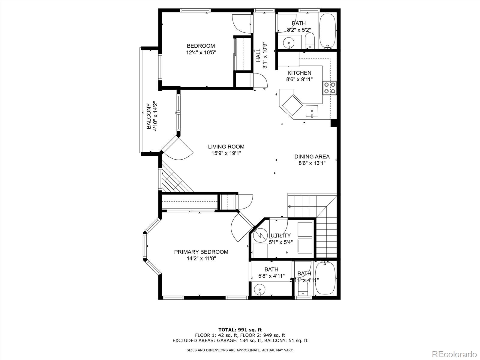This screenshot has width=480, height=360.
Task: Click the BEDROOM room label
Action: click(x=201, y=46)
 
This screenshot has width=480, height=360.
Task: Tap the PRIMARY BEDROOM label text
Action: click(x=201, y=252)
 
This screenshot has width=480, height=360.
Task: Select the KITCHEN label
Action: click(x=299, y=73)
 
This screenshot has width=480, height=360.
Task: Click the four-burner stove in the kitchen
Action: click(x=329, y=88)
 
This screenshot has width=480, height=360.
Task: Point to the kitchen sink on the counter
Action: click(x=312, y=111)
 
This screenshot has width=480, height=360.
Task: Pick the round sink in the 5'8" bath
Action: click(x=259, y=289)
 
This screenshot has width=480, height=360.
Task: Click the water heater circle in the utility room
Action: click(x=260, y=235)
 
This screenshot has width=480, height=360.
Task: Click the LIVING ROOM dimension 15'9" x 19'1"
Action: click(x=226, y=153)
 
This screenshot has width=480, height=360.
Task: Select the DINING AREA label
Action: click(x=312, y=157)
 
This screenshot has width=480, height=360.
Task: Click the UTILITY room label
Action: click(x=280, y=235)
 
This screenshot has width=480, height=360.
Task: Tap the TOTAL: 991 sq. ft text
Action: click(x=240, y=330)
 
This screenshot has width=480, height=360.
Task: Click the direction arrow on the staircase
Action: click(x=289, y=206)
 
